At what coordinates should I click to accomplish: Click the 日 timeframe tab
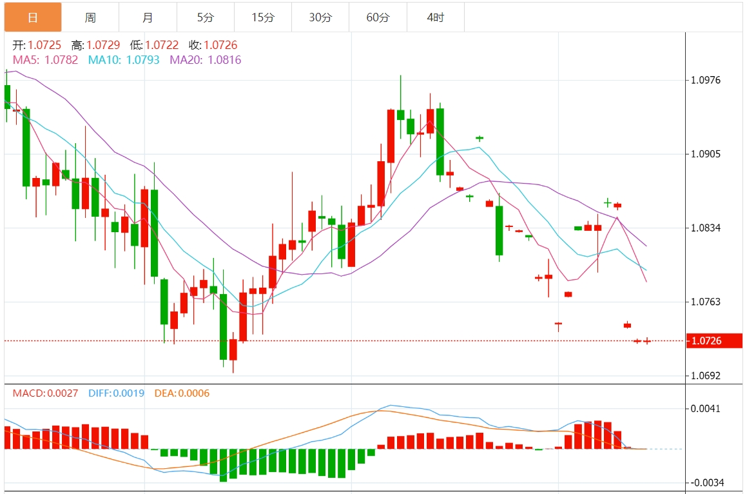pyautogui.click(x=33, y=17)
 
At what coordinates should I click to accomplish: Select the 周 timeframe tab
pyautogui.click(x=90, y=17)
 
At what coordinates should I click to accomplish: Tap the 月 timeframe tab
pyautogui.click(x=148, y=17)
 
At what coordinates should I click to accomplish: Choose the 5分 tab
pyautogui.click(x=205, y=17)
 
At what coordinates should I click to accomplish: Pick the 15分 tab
pyautogui.click(x=262, y=17)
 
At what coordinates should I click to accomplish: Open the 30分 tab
pyautogui.click(x=320, y=17)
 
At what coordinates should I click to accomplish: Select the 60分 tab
pyautogui.click(x=378, y=17)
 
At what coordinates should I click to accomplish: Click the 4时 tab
pyautogui.click(x=435, y=17)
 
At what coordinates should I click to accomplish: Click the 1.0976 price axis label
pyautogui.click(x=705, y=81)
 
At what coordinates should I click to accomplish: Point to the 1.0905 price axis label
pyautogui.click(x=705, y=155)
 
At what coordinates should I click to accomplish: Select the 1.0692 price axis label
pyautogui.click(x=705, y=375)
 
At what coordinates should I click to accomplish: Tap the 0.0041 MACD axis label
pyautogui.click(x=705, y=409)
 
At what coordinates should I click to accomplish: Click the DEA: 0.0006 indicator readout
pyautogui.click(x=182, y=393)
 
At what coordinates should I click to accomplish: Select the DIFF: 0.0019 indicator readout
pyautogui.click(x=116, y=393)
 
